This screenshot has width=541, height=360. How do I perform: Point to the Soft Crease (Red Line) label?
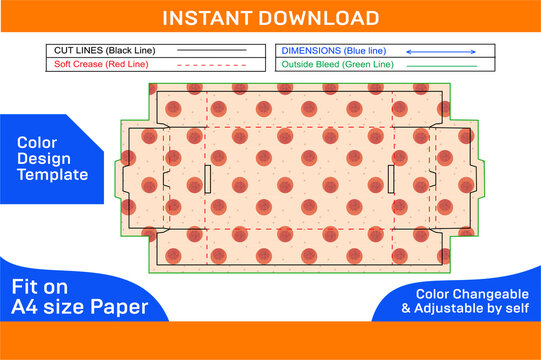97,64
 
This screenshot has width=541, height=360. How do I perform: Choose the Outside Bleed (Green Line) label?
336,64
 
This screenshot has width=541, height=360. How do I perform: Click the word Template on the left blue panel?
52,174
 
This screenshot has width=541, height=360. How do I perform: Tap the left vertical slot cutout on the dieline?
206,179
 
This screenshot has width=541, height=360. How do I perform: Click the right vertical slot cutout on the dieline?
390,179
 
